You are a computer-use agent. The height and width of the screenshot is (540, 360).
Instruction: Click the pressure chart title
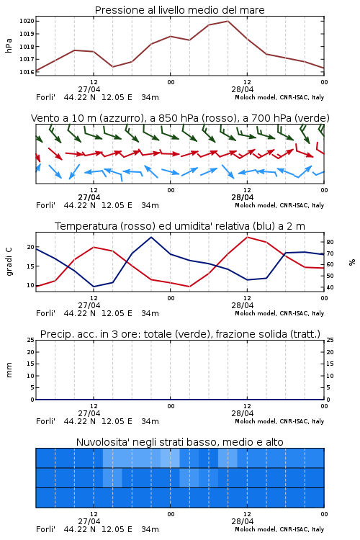click(179, 10)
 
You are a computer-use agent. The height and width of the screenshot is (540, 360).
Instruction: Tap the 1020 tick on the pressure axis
click(27, 22)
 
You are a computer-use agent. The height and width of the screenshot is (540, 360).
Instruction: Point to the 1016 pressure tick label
click(27, 72)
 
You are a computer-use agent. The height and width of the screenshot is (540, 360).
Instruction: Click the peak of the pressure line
click(228, 21)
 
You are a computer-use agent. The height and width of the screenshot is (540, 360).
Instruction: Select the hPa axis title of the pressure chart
click(9, 46)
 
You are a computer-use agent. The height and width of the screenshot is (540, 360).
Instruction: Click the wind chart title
click(180, 118)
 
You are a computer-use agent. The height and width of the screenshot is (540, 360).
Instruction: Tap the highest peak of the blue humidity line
click(151, 238)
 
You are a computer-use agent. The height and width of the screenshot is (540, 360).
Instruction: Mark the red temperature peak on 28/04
click(247, 238)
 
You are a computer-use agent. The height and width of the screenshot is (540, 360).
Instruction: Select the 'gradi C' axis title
click(9, 262)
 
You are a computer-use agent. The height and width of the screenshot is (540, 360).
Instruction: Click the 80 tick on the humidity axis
click(330, 242)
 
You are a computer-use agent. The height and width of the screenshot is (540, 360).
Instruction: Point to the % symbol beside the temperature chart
click(352, 262)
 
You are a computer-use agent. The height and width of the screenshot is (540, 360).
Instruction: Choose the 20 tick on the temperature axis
click(31, 247)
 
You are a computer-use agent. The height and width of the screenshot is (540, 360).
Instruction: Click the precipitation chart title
click(180, 334)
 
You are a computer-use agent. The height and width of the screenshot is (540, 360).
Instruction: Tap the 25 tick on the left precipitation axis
click(31, 341)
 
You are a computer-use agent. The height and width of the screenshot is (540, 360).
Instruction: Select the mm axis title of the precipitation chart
click(9, 370)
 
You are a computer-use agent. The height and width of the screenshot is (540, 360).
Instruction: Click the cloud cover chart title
click(179, 442)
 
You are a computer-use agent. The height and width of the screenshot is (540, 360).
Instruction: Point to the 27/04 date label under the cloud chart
click(89, 521)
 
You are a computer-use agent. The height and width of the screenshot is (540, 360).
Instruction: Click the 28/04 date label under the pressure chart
click(243, 89)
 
